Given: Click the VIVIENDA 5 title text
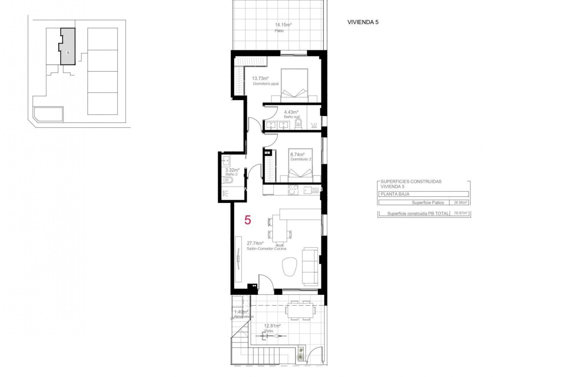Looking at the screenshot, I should (363, 22).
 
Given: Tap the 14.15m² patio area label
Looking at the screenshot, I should (283, 25).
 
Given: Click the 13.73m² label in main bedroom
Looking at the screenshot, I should (260, 78).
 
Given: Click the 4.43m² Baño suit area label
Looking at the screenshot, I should (291, 112).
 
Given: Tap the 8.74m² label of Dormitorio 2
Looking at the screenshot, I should (297, 154).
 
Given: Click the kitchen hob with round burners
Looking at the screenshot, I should (293, 190).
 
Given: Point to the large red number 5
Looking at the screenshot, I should (248, 220).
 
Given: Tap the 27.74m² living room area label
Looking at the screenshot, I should (255, 243).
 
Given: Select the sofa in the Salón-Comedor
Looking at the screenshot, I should (310, 266).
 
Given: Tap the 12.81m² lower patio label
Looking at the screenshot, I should (272, 326).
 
